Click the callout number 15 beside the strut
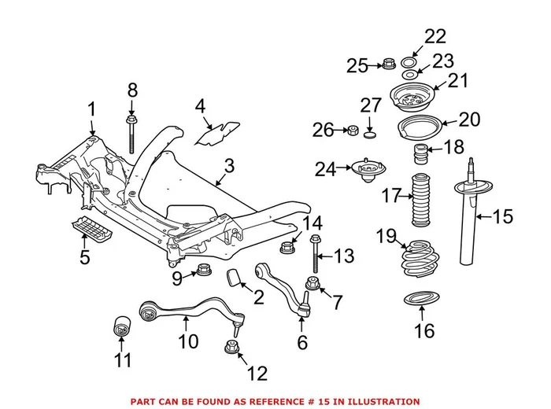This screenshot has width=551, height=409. coord(502,215)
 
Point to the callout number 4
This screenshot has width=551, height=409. coord(200,105)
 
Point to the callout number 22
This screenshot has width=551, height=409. coord(435,36)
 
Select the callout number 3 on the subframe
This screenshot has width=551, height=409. coord(229,166)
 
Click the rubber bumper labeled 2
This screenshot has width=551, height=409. coord(234,278)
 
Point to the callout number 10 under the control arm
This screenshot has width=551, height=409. coord(187,342)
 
